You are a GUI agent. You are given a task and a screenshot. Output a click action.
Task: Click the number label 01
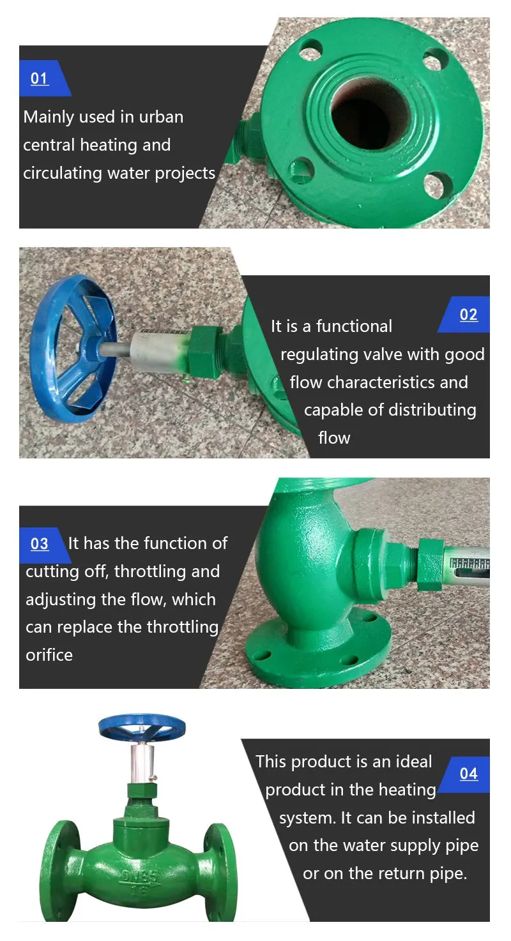pos(40,78)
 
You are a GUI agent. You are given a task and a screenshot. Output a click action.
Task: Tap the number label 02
pos(469,314)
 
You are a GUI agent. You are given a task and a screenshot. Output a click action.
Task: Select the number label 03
pos(40,543)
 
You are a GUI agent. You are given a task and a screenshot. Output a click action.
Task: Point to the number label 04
pos(469,773)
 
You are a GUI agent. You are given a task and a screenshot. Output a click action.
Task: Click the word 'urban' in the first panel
pos(161,117)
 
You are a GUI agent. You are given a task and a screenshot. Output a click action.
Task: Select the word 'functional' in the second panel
pos(354,326)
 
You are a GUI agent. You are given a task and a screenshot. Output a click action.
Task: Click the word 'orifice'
pos(49,655)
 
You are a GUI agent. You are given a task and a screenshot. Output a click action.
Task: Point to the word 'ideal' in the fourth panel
pos(415,762)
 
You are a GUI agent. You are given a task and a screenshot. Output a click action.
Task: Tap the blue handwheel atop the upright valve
pos(142,728)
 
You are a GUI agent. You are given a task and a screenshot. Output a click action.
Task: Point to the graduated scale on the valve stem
pos(470,564)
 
